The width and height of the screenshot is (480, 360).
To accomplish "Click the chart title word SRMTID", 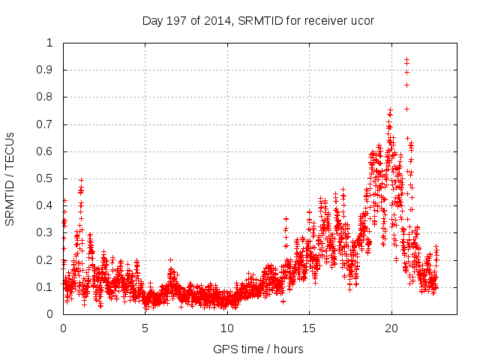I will pyautogui.click(x=259, y=20).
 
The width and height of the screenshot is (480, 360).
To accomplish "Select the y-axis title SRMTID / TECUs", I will pyautogui.click(x=10, y=178).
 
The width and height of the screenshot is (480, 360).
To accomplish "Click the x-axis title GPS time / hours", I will pyautogui.click(x=258, y=349).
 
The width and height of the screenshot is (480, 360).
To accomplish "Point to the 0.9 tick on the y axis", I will pyautogui.click(x=49, y=70).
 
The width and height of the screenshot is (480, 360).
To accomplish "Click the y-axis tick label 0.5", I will pyautogui.click(x=49, y=178).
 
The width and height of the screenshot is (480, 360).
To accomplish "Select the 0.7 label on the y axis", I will pyautogui.click(x=49, y=124).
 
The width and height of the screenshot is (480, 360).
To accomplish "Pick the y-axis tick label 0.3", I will pyautogui.click(x=49, y=232).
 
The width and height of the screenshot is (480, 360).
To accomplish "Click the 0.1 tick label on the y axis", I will pyautogui.click(x=49, y=287).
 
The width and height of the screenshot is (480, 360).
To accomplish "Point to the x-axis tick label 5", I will pyautogui.click(x=145, y=328).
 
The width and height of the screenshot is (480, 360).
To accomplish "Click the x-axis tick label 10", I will pyautogui.click(x=226, y=328).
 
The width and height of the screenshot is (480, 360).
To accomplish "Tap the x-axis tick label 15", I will pyautogui.click(x=308, y=328).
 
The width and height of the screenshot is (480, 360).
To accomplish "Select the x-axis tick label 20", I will pyautogui.click(x=390, y=328).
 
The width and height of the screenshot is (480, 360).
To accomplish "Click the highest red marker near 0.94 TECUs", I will pyautogui.click(x=406, y=59).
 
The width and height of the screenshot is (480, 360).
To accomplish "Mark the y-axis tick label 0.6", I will pyautogui.click(x=49, y=151).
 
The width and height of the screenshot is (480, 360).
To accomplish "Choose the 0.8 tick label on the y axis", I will pyautogui.click(x=49, y=97).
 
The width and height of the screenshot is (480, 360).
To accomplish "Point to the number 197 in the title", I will pyautogui.click(x=179, y=20).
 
